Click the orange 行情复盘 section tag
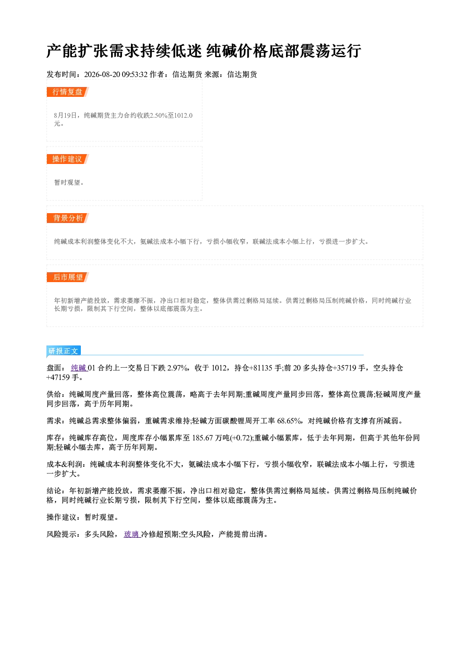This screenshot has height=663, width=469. coord(68,92)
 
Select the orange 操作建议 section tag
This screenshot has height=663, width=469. coord(68,159)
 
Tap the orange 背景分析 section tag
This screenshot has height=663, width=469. coord(68,218)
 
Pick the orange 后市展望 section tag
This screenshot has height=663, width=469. coord(68,277)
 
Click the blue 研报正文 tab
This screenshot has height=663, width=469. coord(63,351)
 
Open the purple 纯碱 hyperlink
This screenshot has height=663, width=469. coord(79,368)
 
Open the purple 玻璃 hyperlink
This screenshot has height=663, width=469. coord(132,534)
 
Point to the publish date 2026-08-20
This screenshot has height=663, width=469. coord(102,75)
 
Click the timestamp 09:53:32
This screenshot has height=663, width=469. coord(135,75)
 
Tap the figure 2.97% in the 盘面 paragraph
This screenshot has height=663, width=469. coord(178,368)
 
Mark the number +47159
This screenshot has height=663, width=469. coord(58,378)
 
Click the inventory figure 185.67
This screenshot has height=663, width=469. coord(202,438)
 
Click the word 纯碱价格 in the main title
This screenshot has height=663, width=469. coord(237,51)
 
